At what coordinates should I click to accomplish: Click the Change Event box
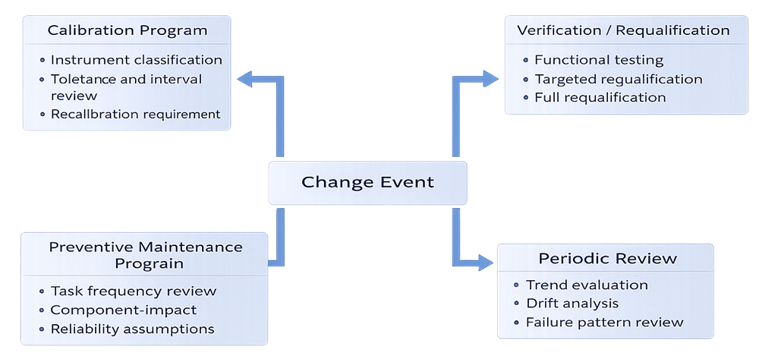point(367,183)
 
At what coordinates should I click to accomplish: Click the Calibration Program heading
point(128,31)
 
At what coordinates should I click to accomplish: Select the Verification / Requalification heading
point(623,31)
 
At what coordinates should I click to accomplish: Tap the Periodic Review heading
point(607,259)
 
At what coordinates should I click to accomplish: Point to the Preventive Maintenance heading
point(146,255)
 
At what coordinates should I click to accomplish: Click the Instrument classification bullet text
point(137,59)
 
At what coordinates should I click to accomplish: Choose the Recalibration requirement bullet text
point(135,114)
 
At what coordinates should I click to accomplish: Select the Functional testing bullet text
point(599,60)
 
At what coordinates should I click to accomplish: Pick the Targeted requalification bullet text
point(619,79)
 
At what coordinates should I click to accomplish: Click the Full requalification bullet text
point(600,97)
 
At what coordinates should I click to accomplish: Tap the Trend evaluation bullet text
point(587,285)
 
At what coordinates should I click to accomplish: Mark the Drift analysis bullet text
point(572,304)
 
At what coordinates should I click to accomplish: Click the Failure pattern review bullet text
point(604,323)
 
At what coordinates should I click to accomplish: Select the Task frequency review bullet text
point(134,291)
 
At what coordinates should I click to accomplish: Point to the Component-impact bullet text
point(124,310)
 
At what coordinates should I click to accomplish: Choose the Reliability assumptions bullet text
point(132,329)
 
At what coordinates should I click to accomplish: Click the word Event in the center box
point(408,183)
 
